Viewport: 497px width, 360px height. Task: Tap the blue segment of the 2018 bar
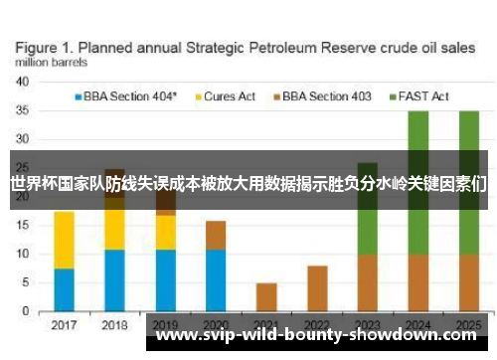114,280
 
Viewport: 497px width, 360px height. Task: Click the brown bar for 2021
266,297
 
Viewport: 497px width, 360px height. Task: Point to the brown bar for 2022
317,288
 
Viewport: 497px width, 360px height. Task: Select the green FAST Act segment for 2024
417,139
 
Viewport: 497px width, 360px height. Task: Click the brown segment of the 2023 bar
367,282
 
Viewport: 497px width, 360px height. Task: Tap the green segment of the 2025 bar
467,139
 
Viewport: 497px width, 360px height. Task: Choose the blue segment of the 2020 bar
215,280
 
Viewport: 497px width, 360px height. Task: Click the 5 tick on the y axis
24,283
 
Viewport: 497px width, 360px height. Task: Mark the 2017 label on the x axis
64,325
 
